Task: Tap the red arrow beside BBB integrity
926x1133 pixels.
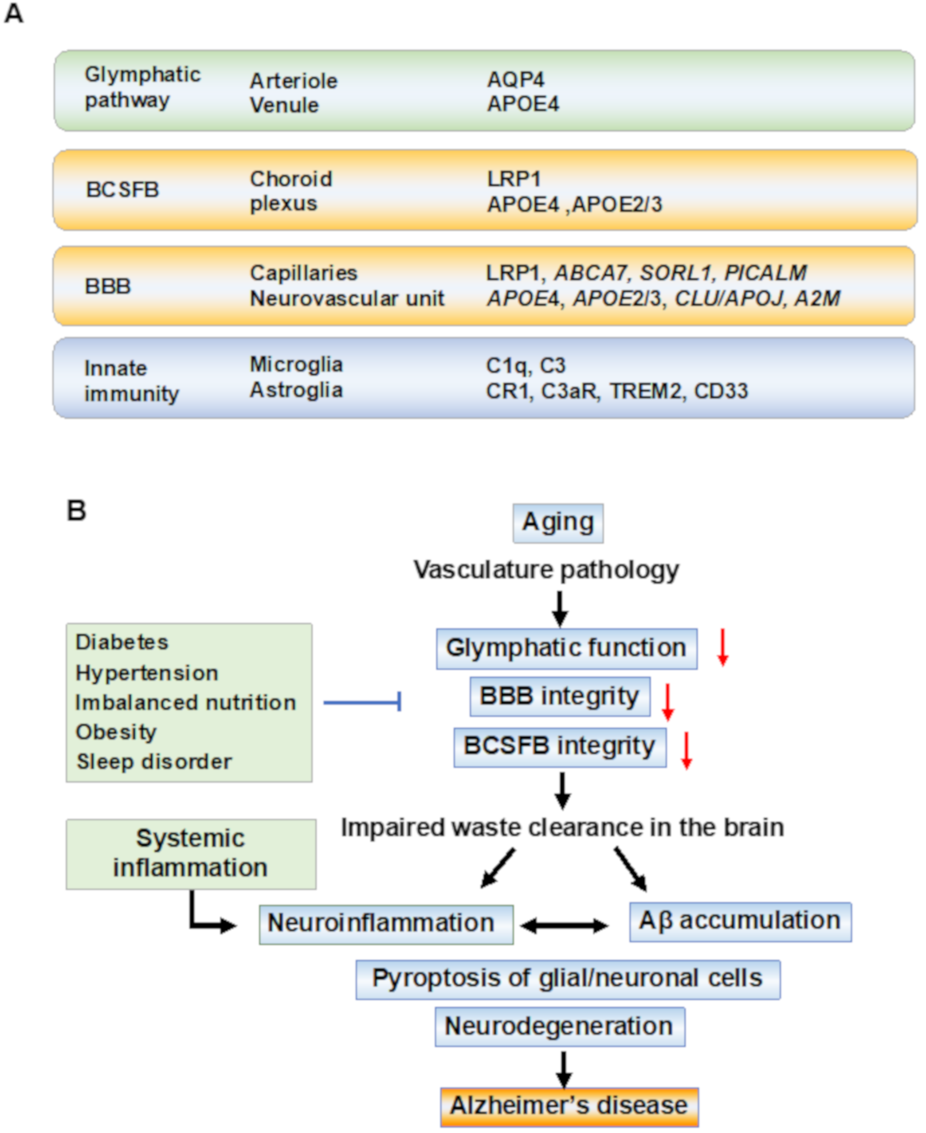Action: click(667, 701)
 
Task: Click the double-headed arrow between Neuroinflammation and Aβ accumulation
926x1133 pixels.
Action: click(564, 926)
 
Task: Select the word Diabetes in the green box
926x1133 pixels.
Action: click(122, 642)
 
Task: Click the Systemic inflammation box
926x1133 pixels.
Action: click(190, 853)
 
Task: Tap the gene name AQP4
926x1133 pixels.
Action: click(515, 80)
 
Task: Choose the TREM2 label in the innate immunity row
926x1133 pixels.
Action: click(646, 391)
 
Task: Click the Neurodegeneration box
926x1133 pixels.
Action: click(560, 1026)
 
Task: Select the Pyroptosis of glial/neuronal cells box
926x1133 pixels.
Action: click(568, 979)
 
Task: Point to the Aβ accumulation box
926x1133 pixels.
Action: click(740, 921)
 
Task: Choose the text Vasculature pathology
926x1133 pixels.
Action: click(546, 570)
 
